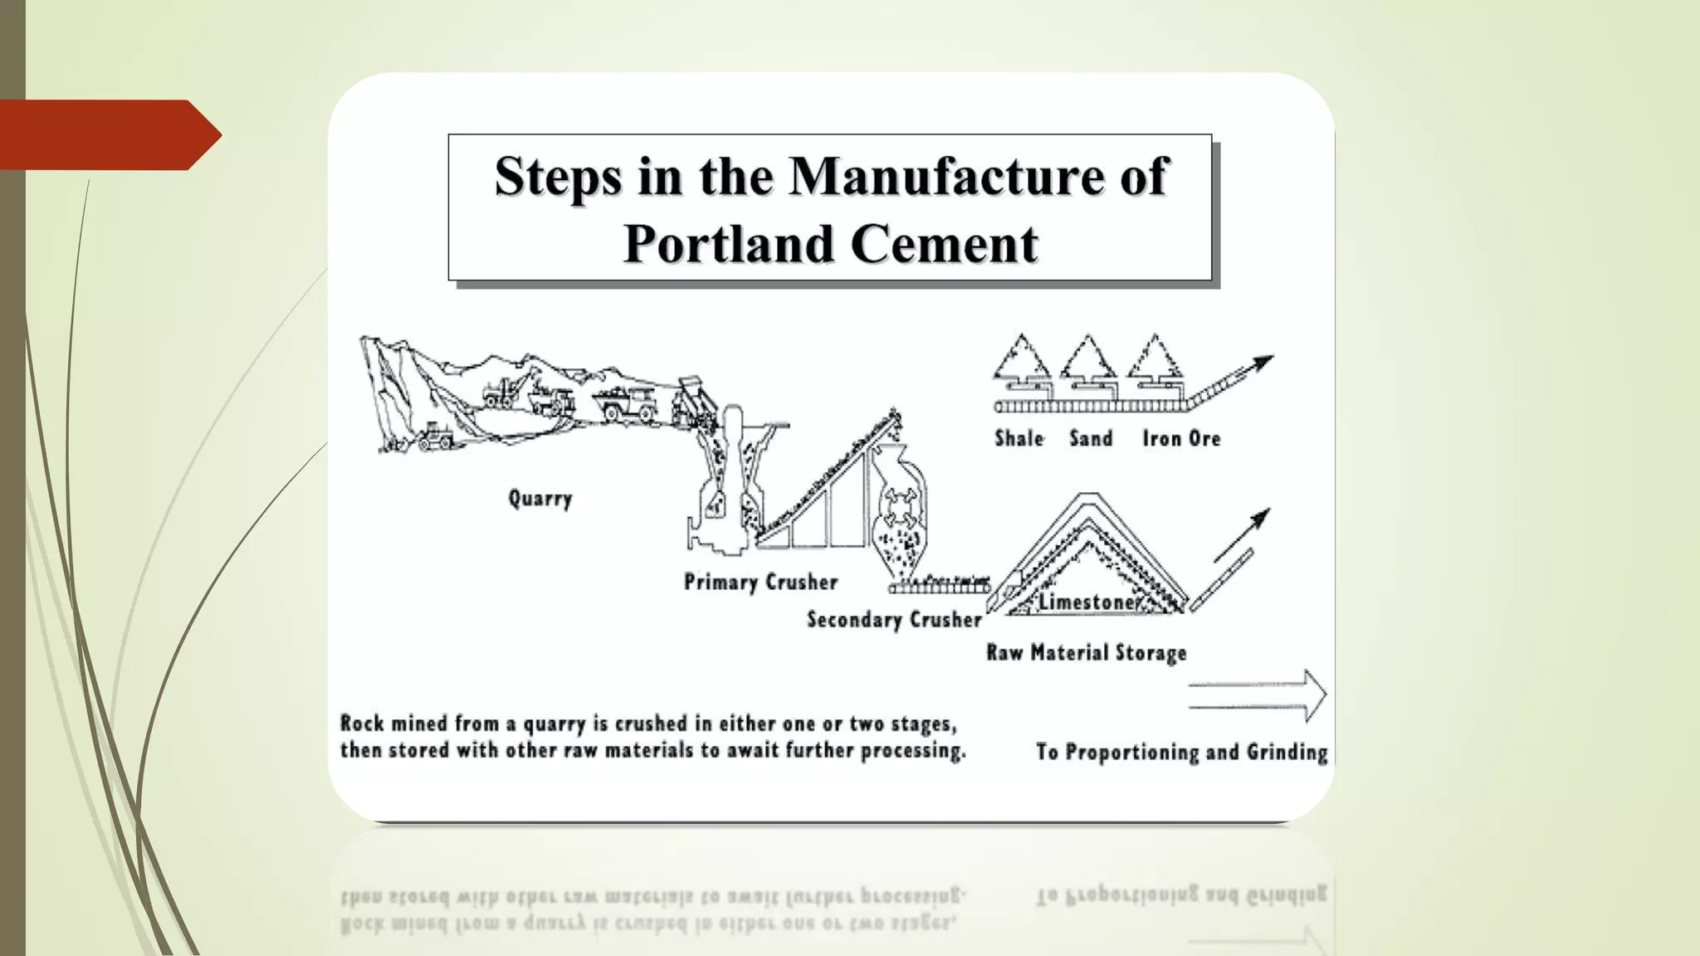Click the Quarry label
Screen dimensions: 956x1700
click(540, 499)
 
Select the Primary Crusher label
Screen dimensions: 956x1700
click(760, 583)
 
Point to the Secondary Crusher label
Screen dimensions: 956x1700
click(894, 620)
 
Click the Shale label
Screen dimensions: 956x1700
click(1019, 438)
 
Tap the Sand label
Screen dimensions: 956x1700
click(1091, 438)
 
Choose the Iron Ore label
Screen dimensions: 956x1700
click(1181, 438)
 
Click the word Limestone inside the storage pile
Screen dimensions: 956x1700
click(1087, 602)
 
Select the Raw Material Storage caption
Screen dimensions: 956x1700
click(1086, 653)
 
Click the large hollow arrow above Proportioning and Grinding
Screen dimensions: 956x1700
click(1258, 695)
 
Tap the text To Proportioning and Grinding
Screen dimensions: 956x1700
click(1181, 753)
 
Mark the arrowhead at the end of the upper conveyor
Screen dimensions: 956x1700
click(1262, 362)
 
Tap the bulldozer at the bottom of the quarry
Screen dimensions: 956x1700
click(435, 437)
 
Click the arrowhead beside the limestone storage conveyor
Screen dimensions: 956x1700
click(1259, 520)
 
